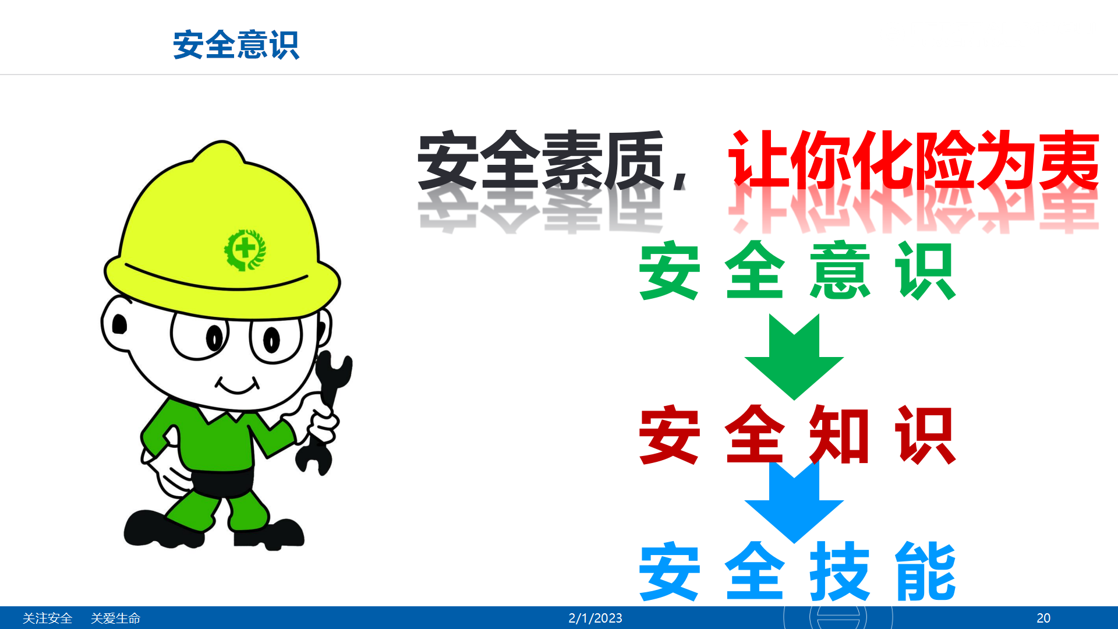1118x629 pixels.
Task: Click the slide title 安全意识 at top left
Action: point(236,45)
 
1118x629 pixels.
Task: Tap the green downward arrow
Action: point(794,356)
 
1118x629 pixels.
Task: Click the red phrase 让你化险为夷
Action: point(913,160)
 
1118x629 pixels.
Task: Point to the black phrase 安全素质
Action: point(541,160)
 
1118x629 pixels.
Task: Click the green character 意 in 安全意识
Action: point(840,270)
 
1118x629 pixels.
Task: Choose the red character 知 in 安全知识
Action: point(840,434)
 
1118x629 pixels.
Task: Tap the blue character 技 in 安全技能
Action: point(840,571)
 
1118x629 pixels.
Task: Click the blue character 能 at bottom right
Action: point(925,571)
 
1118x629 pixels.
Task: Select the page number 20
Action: point(1043,618)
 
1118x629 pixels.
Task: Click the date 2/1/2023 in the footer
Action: point(595,618)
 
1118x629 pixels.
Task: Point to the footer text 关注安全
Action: point(47,618)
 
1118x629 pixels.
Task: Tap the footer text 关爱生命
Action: point(115,618)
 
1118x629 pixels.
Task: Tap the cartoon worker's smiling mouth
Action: point(238,386)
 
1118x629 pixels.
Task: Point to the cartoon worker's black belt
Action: point(222,481)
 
